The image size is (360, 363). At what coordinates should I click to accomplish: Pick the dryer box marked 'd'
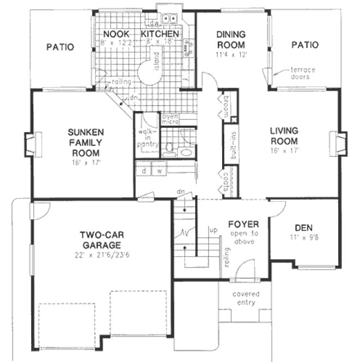tap(144, 170)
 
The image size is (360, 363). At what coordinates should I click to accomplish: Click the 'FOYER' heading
tap(243, 224)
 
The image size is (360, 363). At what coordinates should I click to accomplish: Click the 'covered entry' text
tap(246, 298)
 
